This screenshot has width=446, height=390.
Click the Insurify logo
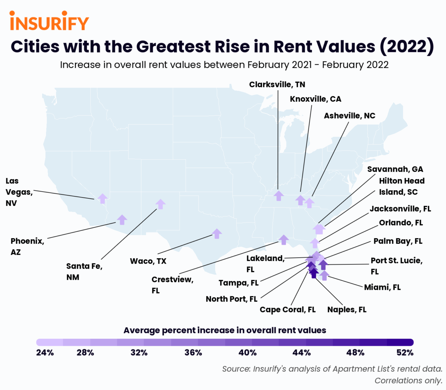click(x=49, y=21)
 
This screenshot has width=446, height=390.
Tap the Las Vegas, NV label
click(x=19, y=192)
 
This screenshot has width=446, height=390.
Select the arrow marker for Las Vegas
click(x=103, y=198)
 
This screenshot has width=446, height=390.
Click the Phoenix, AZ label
click(x=27, y=246)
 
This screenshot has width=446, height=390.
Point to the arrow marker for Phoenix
click(x=122, y=220)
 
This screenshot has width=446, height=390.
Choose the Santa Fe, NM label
click(x=84, y=272)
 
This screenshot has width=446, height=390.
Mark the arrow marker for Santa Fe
click(x=160, y=204)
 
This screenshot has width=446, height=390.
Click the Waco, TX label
click(x=148, y=261)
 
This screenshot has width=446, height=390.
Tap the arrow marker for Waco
click(x=217, y=233)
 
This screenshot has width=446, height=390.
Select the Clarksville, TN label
click(x=277, y=85)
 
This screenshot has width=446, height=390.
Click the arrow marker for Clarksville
click(x=278, y=195)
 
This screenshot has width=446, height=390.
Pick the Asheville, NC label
click(x=349, y=116)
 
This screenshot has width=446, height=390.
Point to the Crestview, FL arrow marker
click(x=284, y=240)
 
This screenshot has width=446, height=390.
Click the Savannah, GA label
click(x=395, y=169)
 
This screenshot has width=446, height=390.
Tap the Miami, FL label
click(x=382, y=287)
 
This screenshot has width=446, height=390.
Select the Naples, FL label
click(x=346, y=310)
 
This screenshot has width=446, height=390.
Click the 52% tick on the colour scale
click(x=405, y=353)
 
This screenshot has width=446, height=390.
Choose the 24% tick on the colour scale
click(x=45, y=353)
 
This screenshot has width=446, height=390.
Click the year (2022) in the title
click(x=407, y=47)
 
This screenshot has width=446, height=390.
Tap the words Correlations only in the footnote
click(x=408, y=381)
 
